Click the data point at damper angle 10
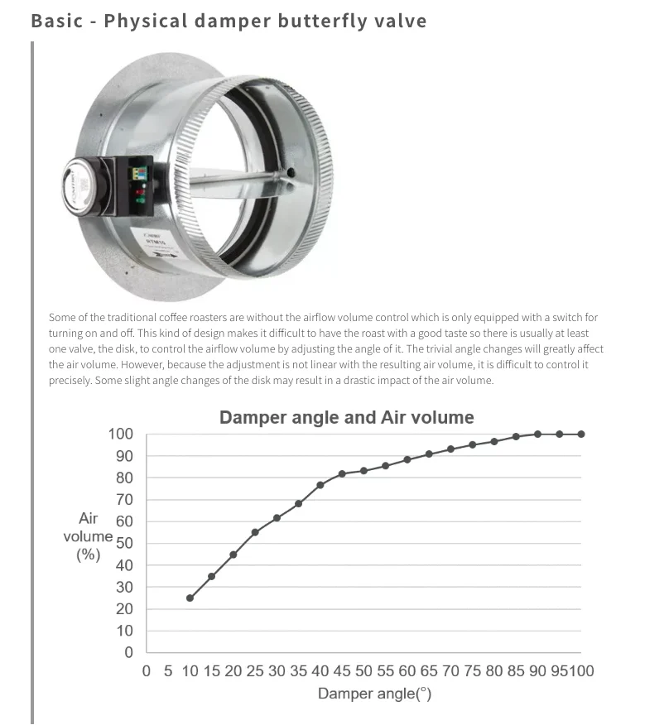click(190, 598)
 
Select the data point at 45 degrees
click(342, 474)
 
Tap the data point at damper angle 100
click(581, 435)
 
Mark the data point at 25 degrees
click(255, 532)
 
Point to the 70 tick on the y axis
click(124, 500)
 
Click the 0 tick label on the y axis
click(128, 652)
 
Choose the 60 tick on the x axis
click(407, 671)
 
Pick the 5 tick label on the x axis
click(168, 671)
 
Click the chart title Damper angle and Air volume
click(347, 417)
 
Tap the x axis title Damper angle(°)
click(374, 694)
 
